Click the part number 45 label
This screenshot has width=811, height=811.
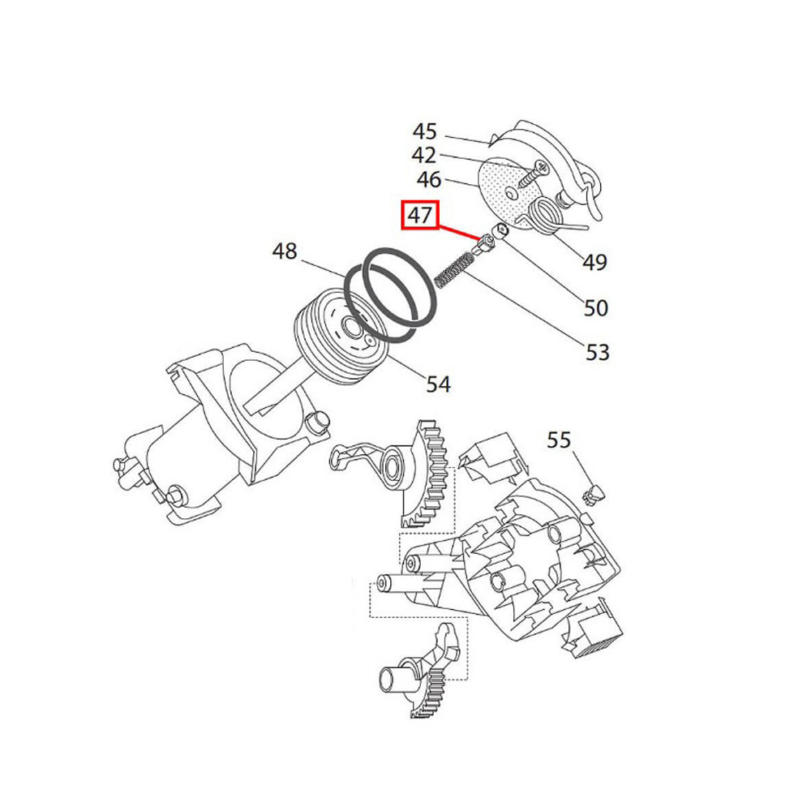click(x=424, y=131)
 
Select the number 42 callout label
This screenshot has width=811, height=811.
click(x=423, y=155)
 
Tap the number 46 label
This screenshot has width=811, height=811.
click(x=429, y=180)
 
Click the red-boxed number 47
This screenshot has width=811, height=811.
click(x=420, y=215)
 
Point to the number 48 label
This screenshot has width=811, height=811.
click(x=285, y=252)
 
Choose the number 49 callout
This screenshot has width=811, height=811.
click(x=594, y=262)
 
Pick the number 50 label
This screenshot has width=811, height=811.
click(x=596, y=308)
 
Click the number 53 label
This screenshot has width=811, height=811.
click(x=598, y=352)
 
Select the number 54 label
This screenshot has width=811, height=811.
click(x=438, y=384)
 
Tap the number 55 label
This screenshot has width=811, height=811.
click(x=559, y=440)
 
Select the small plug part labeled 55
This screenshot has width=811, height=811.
click(x=594, y=493)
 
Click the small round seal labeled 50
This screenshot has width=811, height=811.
click(x=500, y=230)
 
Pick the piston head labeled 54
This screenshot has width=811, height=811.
click(x=341, y=338)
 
